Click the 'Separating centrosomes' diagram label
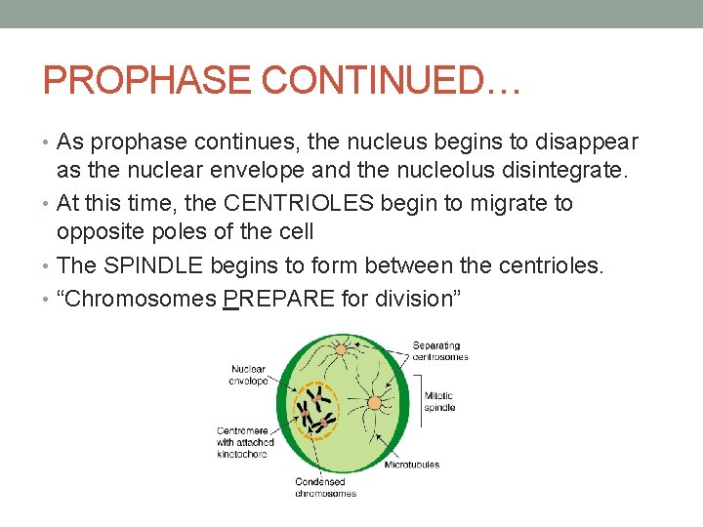pyautogui.click(x=440, y=351)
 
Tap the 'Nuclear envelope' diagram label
pyautogui.click(x=249, y=375)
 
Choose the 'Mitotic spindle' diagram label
pyautogui.click(x=439, y=401)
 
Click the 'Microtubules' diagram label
pyautogui.click(x=411, y=465)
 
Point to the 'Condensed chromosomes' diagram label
pyautogui.click(x=325, y=487)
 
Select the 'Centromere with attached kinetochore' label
pyautogui.click(x=245, y=442)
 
